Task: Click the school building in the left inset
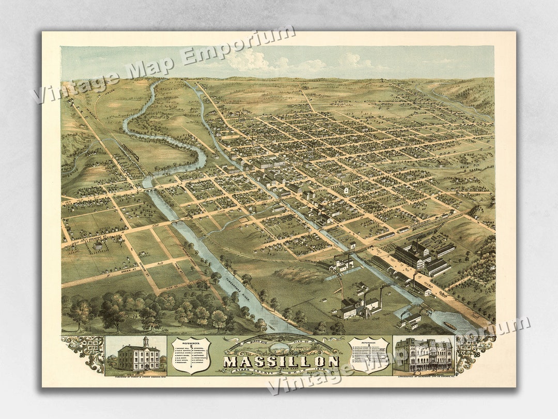(x=138, y=356)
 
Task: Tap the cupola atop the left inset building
(x=146, y=341)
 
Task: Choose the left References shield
(x=191, y=355)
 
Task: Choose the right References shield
(x=368, y=355)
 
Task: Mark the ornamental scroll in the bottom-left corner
(x=83, y=352)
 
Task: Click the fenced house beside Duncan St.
(x=98, y=245)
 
